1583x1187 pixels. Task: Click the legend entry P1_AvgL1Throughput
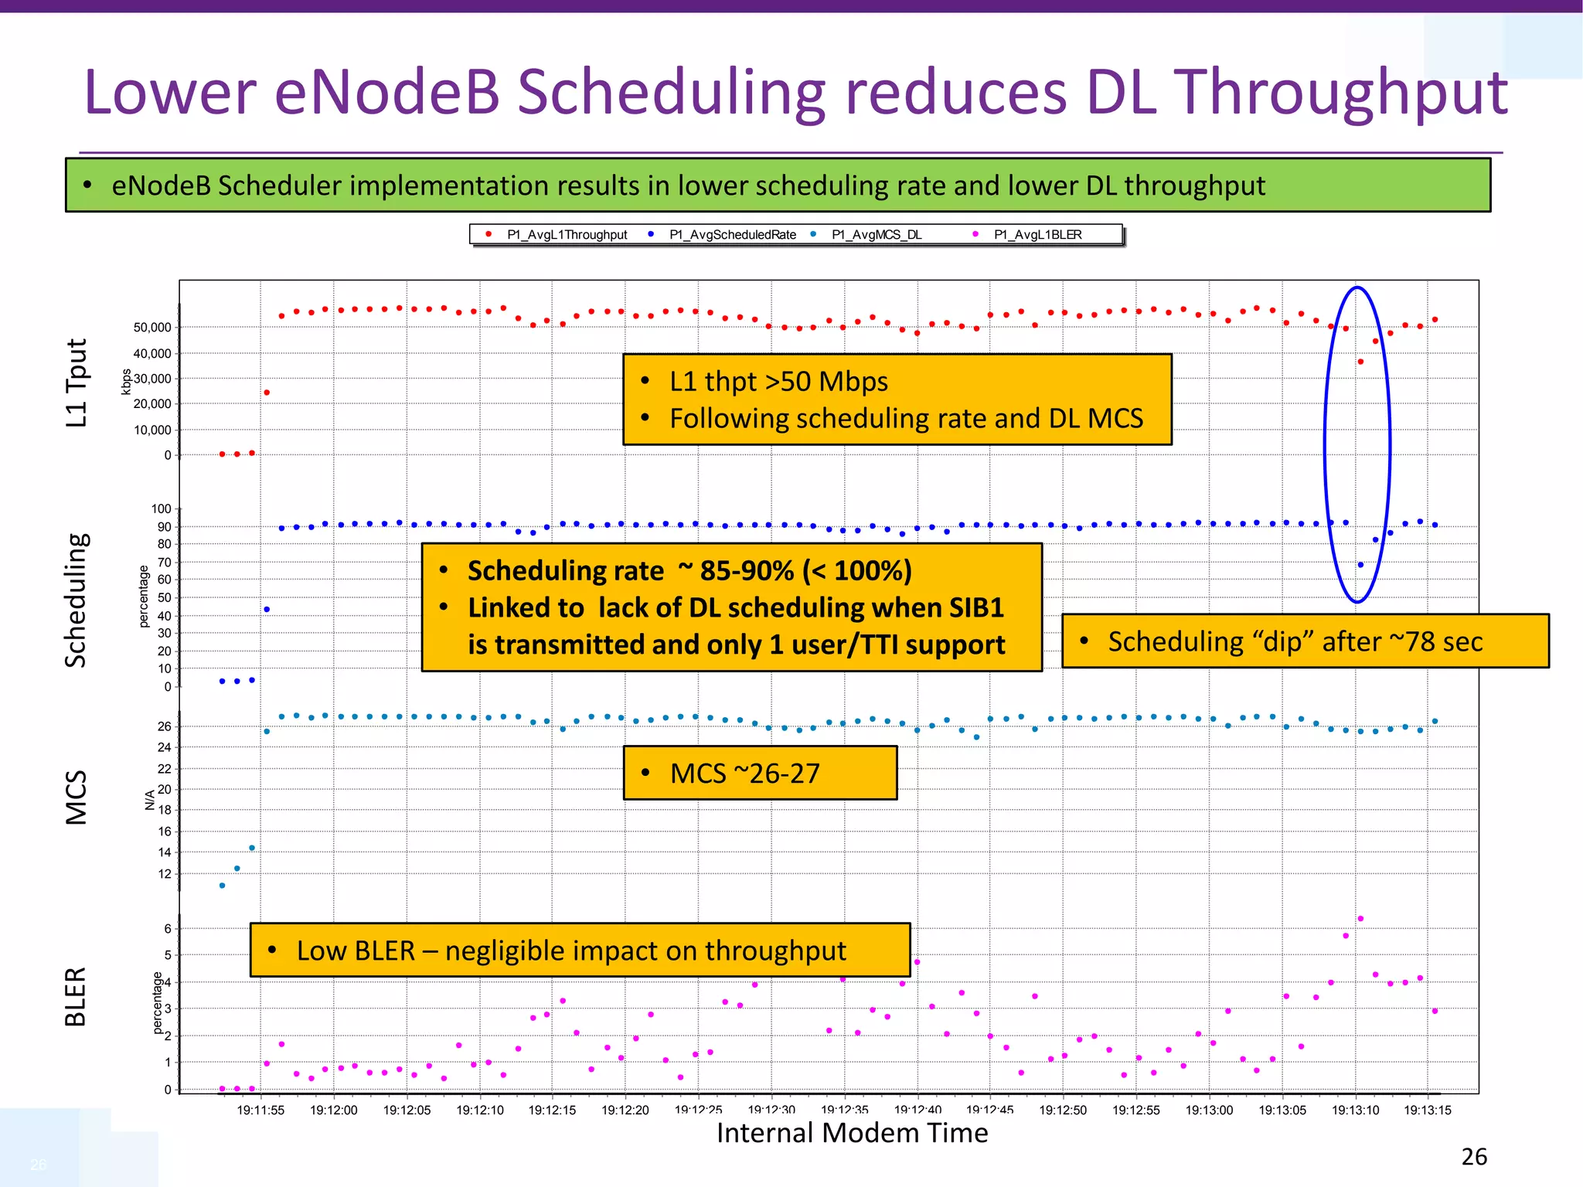(x=567, y=235)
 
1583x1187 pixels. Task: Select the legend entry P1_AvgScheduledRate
(x=732, y=235)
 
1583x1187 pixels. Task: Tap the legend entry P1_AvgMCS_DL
(x=877, y=235)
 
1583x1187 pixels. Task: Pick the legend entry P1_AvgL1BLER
(x=1037, y=235)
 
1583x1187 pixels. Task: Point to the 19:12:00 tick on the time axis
(x=334, y=1110)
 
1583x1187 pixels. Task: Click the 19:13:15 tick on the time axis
(x=1427, y=1110)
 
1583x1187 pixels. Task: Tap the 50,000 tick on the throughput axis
(x=152, y=328)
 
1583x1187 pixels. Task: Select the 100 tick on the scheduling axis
(x=161, y=508)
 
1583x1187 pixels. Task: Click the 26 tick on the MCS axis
(x=165, y=726)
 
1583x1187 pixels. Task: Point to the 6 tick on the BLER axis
(x=168, y=929)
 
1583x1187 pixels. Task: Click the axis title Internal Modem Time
(x=852, y=1133)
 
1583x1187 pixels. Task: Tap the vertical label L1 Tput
(x=77, y=383)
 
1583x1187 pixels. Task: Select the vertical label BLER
(x=75, y=997)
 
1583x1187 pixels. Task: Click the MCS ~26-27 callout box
(x=760, y=773)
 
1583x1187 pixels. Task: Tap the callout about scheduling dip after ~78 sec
(x=1305, y=641)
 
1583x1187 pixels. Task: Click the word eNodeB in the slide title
(x=386, y=93)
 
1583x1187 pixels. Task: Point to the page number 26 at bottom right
(x=1474, y=1157)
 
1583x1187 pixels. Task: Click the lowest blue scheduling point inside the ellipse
(x=1360, y=565)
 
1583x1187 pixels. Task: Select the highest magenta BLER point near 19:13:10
(x=1360, y=919)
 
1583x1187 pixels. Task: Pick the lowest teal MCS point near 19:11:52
(x=222, y=886)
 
